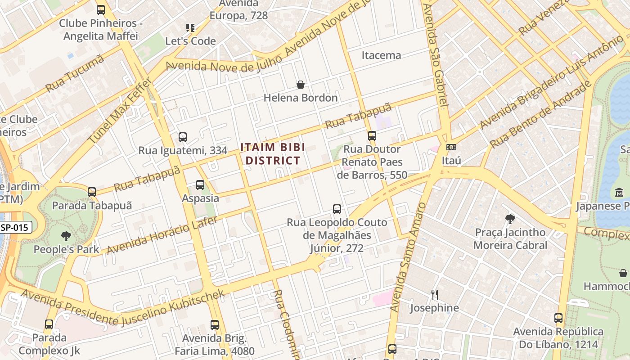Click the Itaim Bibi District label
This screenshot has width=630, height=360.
pos(273,153)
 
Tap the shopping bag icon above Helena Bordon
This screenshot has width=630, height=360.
pos(300,85)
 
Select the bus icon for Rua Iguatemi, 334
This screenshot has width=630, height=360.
pos(183,137)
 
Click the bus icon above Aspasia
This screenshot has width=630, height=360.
pos(200,185)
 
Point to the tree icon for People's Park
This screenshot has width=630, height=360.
pos(66,236)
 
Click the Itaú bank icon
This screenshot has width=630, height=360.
pos(451,147)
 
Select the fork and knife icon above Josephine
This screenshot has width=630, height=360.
pos(434,295)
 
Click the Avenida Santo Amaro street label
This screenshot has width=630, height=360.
pos(408,257)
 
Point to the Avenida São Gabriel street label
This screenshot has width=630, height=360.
pos(436,54)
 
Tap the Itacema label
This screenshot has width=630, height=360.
pos(381,55)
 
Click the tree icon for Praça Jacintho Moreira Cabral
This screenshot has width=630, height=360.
pos(510,219)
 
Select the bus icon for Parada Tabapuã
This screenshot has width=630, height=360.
pos(92,192)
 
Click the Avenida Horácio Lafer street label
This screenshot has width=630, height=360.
pos(162,235)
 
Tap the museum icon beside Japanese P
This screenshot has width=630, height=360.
pos(619,193)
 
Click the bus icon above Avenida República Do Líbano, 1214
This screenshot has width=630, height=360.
pos(558,318)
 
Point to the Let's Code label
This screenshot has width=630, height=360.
pos(190,41)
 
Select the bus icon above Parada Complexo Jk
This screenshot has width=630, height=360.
pos(49,324)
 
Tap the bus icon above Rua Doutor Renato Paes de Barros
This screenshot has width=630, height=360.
pos(372,135)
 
